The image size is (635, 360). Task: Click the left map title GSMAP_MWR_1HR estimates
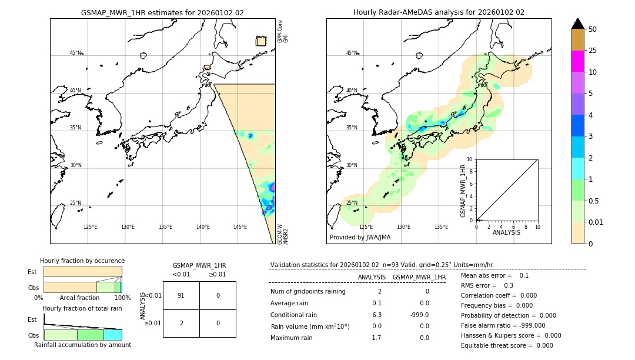coord(162,12)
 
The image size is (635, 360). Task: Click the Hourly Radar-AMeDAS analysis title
coord(439,12)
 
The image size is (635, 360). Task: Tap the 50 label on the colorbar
coord(593,29)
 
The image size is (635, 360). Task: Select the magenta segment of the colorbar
coord(577,61)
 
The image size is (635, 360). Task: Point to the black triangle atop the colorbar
coord(577,24)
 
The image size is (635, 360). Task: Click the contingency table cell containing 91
coord(181,295)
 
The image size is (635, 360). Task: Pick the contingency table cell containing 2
coord(181,322)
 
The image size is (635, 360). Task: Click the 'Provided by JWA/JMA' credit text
coord(360,237)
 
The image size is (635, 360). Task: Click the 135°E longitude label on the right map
coord(441,227)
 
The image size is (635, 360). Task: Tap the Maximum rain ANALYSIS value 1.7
coord(376,338)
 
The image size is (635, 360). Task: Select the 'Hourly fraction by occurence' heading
coord(82,261)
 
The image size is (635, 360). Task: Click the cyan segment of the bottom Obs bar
coord(113,335)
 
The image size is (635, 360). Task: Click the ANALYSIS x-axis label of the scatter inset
coord(506,232)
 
